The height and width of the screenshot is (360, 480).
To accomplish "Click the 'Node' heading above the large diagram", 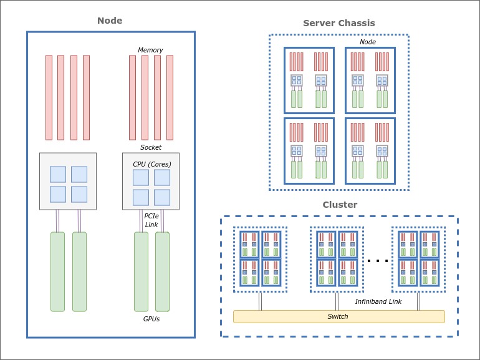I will pyautogui.click(x=110, y=21).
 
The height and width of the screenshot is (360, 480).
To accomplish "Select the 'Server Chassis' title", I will pyautogui.click(x=338, y=23).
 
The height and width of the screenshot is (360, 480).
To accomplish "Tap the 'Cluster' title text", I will pyautogui.click(x=340, y=205).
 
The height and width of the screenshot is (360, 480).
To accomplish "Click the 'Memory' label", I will pyautogui.click(x=150, y=50).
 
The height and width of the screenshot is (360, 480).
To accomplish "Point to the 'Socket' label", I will pyautogui.click(x=150, y=147).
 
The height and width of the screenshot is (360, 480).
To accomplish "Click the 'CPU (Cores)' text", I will pyautogui.click(x=151, y=164).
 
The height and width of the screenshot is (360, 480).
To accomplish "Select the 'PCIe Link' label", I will pyautogui.click(x=151, y=220).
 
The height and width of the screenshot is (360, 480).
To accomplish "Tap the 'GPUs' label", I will pyautogui.click(x=151, y=319).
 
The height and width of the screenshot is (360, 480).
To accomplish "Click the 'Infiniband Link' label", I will pyautogui.click(x=378, y=301).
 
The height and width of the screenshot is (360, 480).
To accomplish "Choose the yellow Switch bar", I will pyautogui.click(x=338, y=316).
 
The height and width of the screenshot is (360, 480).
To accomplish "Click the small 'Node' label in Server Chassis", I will pyautogui.click(x=368, y=42).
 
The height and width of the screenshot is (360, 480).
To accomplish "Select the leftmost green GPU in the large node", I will pyautogui.click(x=57, y=271).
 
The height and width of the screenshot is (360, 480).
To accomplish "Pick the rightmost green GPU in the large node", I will pyautogui.click(x=162, y=271).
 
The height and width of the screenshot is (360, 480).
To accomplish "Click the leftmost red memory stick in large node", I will pyautogui.click(x=49, y=97).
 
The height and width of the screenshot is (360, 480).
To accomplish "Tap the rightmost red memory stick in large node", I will pyautogui.click(x=170, y=97).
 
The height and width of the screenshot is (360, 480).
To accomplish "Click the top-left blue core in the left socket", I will pyautogui.click(x=58, y=174).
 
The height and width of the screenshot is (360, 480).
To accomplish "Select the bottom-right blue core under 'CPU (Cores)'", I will pyautogui.click(x=162, y=197).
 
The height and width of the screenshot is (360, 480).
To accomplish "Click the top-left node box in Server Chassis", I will pyautogui.click(x=309, y=80).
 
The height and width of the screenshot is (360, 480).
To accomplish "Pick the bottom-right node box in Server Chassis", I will pyautogui.click(x=370, y=150).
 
